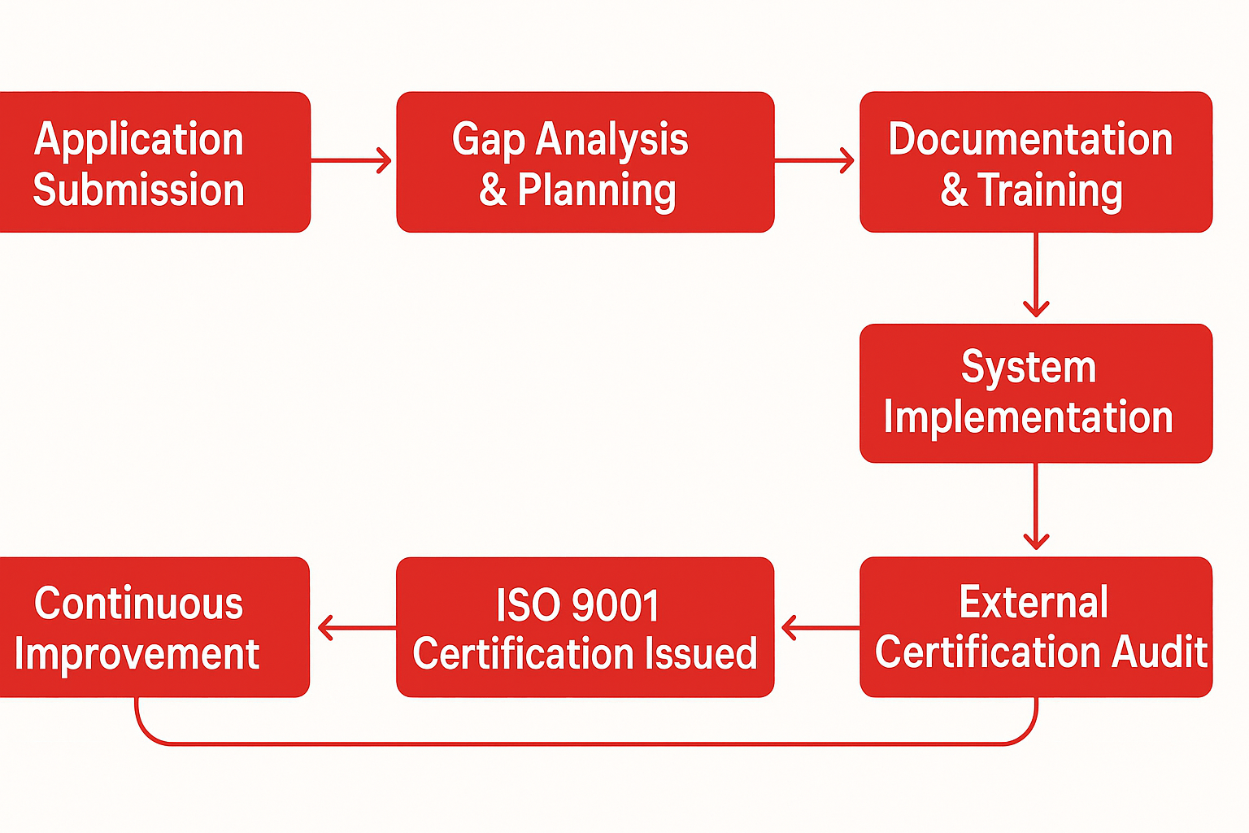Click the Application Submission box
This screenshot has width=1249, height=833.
click(154, 162)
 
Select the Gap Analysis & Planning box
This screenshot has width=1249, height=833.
click(585, 162)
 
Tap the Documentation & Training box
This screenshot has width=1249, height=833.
click(1035, 162)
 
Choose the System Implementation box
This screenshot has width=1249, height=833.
click(1035, 393)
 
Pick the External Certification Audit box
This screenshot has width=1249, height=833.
click(1035, 626)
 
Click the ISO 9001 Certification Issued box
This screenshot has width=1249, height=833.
click(585, 626)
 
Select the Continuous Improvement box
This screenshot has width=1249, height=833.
click(154, 626)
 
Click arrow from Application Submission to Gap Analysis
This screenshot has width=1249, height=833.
click(351, 160)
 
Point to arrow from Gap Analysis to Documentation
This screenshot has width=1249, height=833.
click(816, 160)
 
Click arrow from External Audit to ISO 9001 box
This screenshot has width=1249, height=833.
click(819, 628)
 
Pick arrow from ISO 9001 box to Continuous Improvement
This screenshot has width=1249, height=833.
click(355, 628)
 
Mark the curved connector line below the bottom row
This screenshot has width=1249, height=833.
click(585, 744)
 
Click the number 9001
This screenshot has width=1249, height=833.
click(616, 605)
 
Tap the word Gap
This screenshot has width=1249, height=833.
click(488, 140)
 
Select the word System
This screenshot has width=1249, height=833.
click(1029, 367)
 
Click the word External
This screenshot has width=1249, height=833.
click(1034, 603)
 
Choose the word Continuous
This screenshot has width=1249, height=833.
click(139, 604)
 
